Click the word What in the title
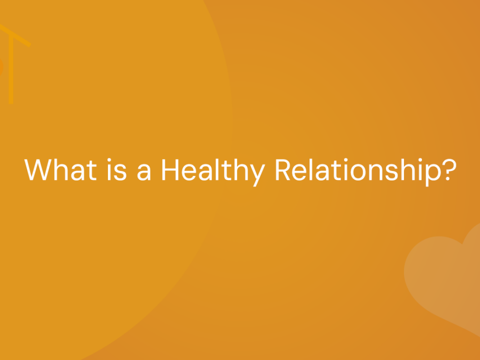[x=60, y=169]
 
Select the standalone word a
[x=144, y=172]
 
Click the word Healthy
[x=213, y=172]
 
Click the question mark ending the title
[x=449, y=169]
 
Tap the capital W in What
[x=37, y=169]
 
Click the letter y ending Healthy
[x=257, y=175]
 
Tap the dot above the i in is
[x=109, y=160]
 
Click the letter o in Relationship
[x=358, y=172]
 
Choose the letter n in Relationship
[x=375, y=172]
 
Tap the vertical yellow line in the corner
[x=11, y=69]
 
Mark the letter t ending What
[x=91, y=171]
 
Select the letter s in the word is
[x=120, y=172]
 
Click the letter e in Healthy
[x=189, y=172]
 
